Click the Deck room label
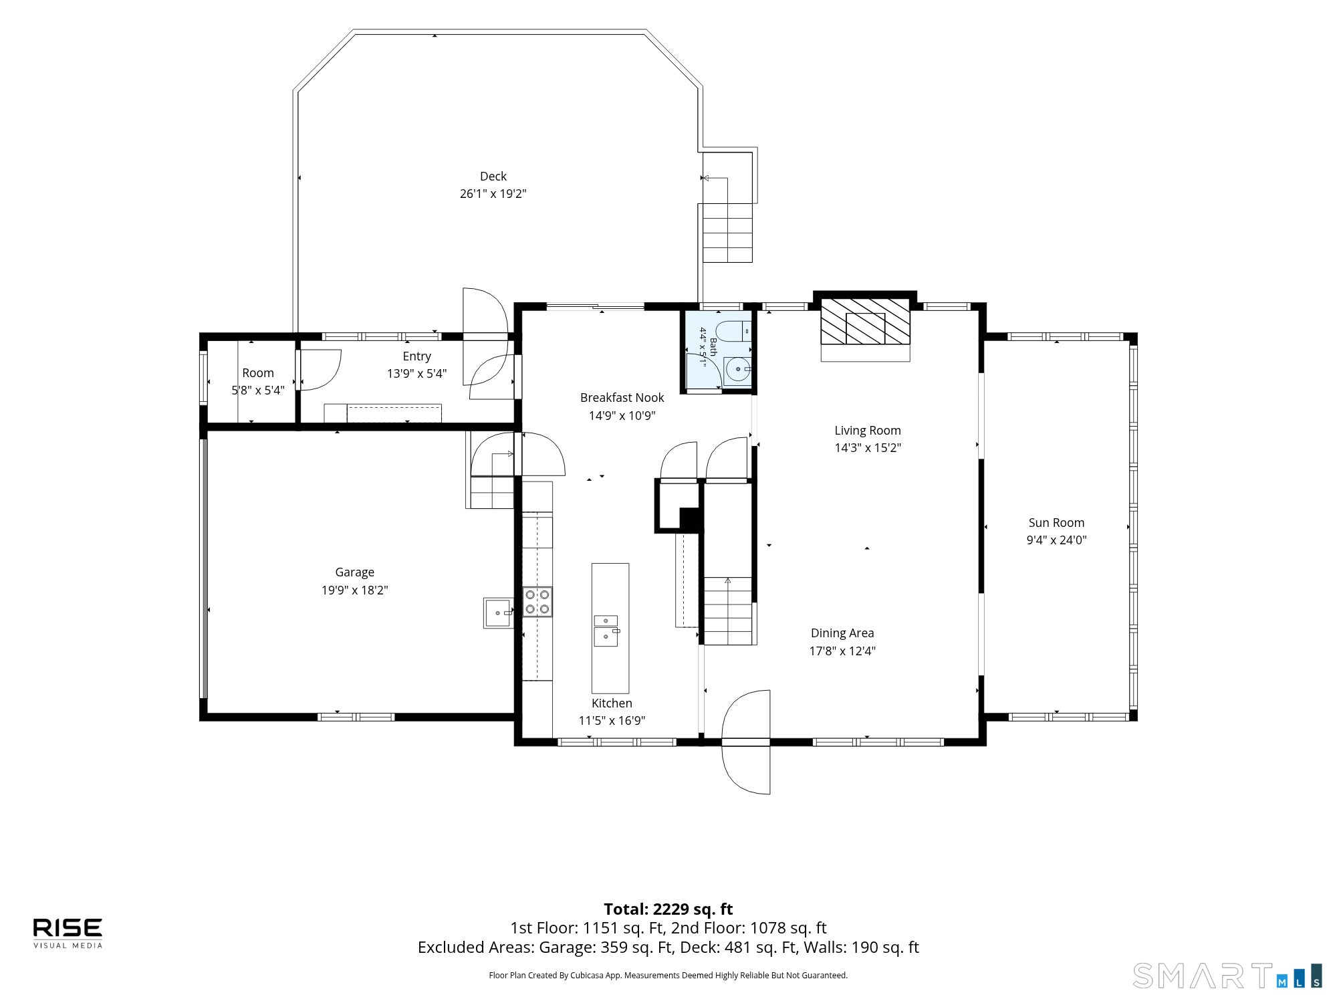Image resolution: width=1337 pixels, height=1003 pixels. tap(493, 177)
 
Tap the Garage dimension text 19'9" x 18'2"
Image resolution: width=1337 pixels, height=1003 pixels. tap(354, 590)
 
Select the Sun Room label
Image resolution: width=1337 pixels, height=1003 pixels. tap(1056, 523)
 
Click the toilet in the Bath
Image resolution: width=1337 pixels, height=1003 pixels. tap(732, 332)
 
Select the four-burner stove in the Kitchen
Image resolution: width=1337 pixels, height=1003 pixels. tap(537, 601)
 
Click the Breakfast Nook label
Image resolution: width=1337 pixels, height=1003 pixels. tap(622, 398)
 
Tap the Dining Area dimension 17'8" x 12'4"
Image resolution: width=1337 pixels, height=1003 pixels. tap(842, 651)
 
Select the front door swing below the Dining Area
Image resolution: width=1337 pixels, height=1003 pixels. tap(746, 742)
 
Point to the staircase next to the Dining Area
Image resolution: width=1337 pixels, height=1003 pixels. tap(729, 610)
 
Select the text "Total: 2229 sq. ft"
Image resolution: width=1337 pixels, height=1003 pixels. tap(668, 909)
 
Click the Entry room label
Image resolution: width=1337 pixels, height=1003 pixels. tap(417, 356)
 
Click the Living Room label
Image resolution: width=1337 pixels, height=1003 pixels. tap(868, 431)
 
